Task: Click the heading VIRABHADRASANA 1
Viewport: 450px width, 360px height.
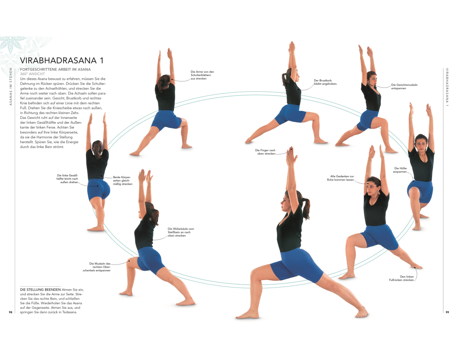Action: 61,60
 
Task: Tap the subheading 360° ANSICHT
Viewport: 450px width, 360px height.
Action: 32,74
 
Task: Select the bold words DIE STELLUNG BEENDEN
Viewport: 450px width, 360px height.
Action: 40,290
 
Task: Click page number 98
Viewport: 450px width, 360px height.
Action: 11,312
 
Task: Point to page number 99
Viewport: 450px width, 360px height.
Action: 447,312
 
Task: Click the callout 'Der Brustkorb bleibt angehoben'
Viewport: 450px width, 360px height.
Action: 325,82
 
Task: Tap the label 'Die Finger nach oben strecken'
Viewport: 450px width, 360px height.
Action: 265,152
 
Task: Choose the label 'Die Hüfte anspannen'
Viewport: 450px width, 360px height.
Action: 400,170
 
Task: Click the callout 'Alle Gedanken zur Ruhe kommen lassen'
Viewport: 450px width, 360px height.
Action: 340,178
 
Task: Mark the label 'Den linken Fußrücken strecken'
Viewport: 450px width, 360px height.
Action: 401,278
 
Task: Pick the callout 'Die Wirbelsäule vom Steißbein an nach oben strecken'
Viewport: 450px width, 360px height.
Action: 181,232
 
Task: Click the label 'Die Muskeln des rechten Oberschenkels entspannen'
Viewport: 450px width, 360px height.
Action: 97,267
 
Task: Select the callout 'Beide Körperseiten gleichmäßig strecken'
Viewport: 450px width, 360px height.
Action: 122,180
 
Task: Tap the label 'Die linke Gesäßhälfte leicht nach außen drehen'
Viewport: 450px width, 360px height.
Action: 67,179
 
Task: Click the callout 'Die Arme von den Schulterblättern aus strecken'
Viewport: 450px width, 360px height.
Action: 202,75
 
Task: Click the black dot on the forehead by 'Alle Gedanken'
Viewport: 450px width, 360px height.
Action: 367,183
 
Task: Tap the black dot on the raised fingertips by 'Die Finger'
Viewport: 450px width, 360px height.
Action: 289,149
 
